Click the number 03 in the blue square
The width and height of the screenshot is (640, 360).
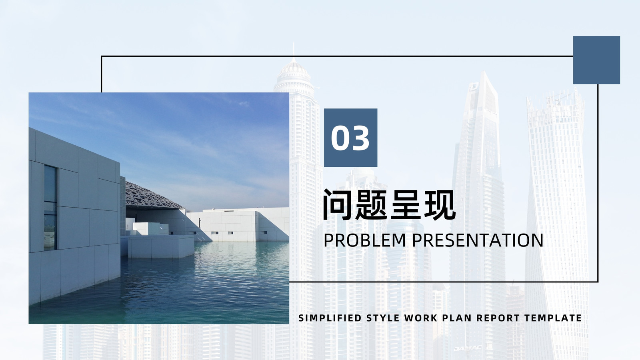point(350,138)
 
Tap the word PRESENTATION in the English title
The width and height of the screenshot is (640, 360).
point(478,240)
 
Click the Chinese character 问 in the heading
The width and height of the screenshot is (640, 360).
point(338,204)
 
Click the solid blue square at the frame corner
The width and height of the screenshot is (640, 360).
point(596,60)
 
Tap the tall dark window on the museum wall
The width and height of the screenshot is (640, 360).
point(50,208)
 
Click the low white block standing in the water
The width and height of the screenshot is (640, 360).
point(161,246)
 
